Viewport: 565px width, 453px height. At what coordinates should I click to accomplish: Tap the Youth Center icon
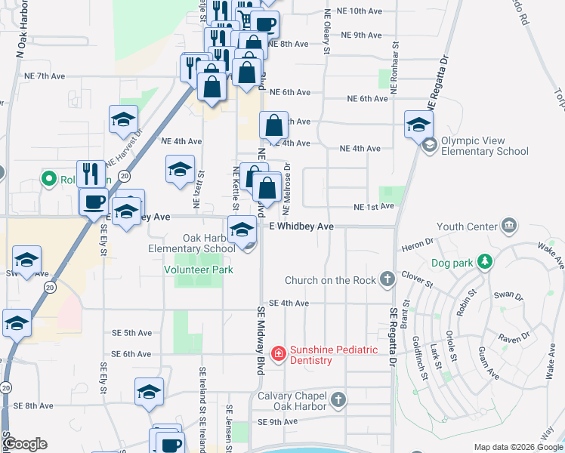[509, 226]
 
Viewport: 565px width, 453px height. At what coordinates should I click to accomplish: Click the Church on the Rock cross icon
[387, 280]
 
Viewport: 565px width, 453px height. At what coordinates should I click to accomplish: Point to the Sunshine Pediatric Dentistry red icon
[278, 353]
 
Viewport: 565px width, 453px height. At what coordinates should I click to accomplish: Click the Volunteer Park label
[199, 270]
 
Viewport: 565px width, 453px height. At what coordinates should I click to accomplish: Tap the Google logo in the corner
[26, 444]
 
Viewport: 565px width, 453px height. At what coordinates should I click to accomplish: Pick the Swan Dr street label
[502, 296]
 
